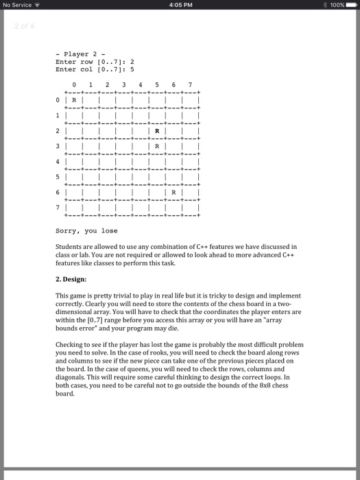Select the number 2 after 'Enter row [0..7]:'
(x=132, y=61)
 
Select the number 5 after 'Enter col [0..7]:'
(x=132, y=69)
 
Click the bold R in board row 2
(x=157, y=130)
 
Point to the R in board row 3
(x=157, y=146)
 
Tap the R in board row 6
(x=173, y=194)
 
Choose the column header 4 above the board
(x=141, y=86)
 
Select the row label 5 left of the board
(x=58, y=178)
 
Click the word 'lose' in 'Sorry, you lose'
(x=109, y=231)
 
